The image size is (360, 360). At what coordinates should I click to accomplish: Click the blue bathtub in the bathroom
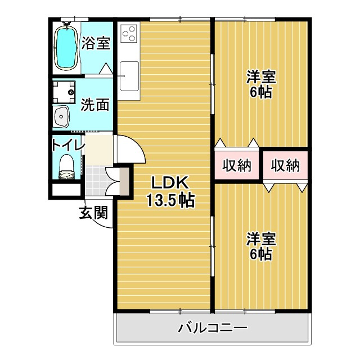point(66,46)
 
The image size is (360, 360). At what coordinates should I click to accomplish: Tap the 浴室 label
point(95,43)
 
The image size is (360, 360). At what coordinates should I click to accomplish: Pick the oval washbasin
point(61,116)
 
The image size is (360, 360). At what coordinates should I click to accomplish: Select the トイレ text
point(67,145)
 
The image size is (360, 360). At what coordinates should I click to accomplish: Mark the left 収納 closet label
point(236,165)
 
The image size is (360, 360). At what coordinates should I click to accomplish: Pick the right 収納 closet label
point(285,165)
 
